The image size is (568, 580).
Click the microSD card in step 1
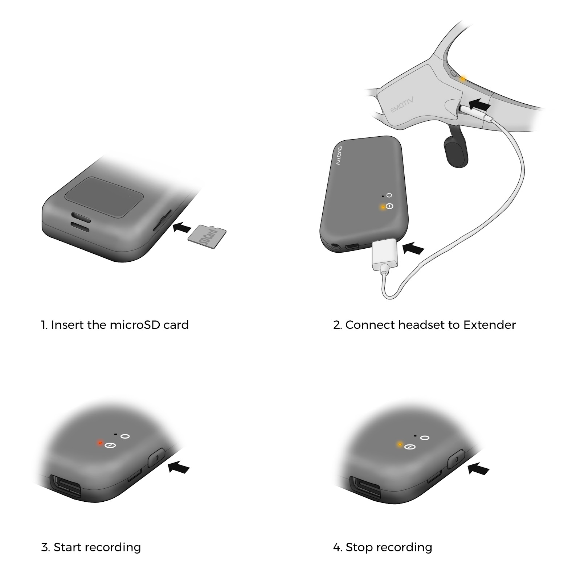pyautogui.click(x=207, y=237)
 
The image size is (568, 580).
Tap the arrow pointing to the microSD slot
pyautogui.click(x=181, y=228)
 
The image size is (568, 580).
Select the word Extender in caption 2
pyautogui.click(x=489, y=324)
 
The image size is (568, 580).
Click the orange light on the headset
pyautogui.click(x=463, y=78)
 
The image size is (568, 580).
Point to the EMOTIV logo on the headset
pyautogui.click(x=402, y=104)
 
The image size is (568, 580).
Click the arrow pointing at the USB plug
pyautogui.click(x=413, y=248)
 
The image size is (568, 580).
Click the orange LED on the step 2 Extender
pyautogui.click(x=382, y=207)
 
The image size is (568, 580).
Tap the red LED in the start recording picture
pyautogui.click(x=100, y=443)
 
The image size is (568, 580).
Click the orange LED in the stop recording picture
pyautogui.click(x=400, y=444)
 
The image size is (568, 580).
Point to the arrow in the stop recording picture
pyautogui.click(x=479, y=468)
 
